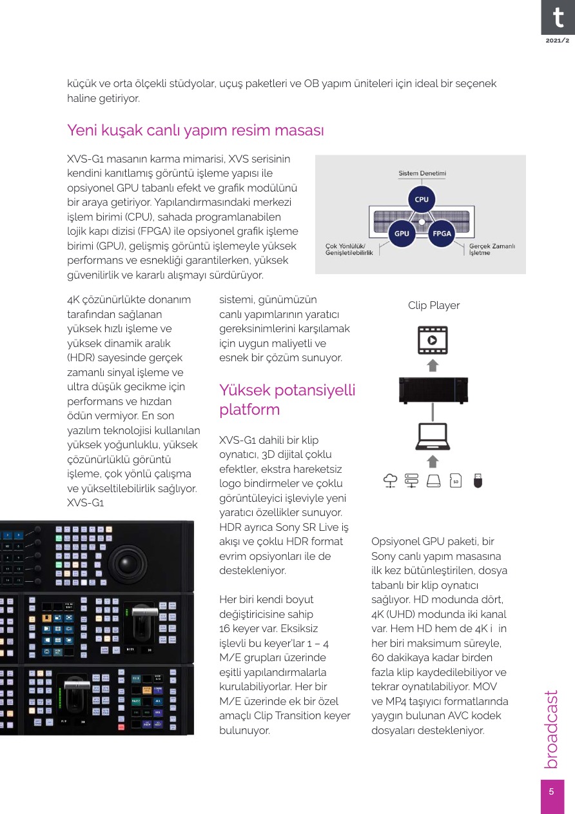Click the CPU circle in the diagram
tap(422, 199)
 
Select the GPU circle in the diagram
tap(402, 233)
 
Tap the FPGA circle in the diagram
tap(442, 233)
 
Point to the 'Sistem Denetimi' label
tap(422, 174)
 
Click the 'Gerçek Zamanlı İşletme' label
tap(492, 249)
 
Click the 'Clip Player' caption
tap(434, 305)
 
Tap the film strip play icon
tap(433, 339)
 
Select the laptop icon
tap(433, 437)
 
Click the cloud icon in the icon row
tap(390, 480)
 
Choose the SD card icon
tap(456, 480)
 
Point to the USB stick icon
tap(478, 480)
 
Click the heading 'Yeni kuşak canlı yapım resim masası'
tap(195, 130)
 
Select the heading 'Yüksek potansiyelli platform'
tap(287, 399)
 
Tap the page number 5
tap(552, 792)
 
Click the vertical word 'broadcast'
tap(552, 730)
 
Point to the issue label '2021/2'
tap(558, 41)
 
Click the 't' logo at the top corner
tap(558, 17)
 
